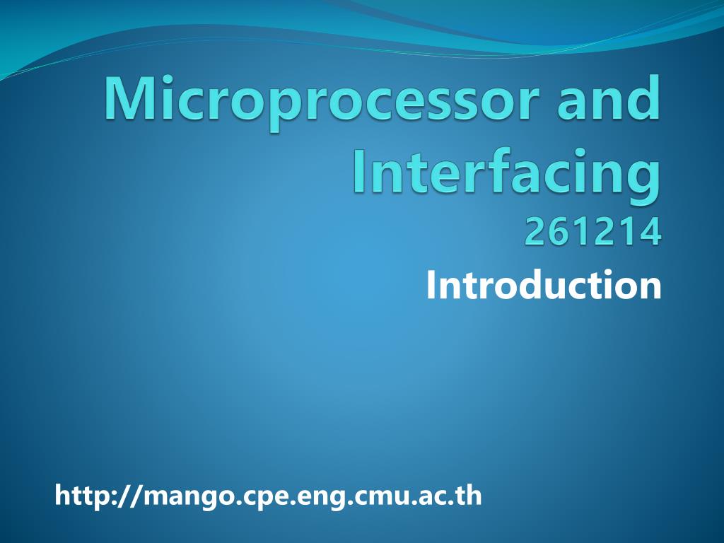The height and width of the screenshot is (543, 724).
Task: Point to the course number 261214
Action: pos(592,232)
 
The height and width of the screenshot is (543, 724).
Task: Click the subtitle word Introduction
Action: pos(544,285)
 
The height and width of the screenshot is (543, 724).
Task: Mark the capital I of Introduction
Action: pos(432,285)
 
